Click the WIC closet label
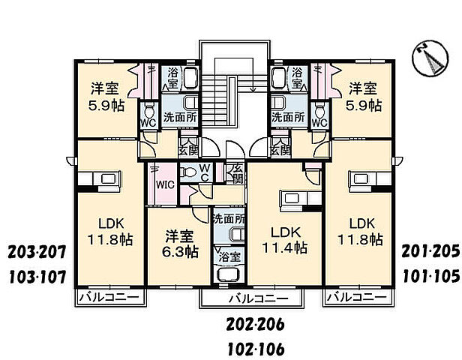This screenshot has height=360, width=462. click(164, 183)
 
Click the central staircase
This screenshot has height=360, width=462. click(232, 97)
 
